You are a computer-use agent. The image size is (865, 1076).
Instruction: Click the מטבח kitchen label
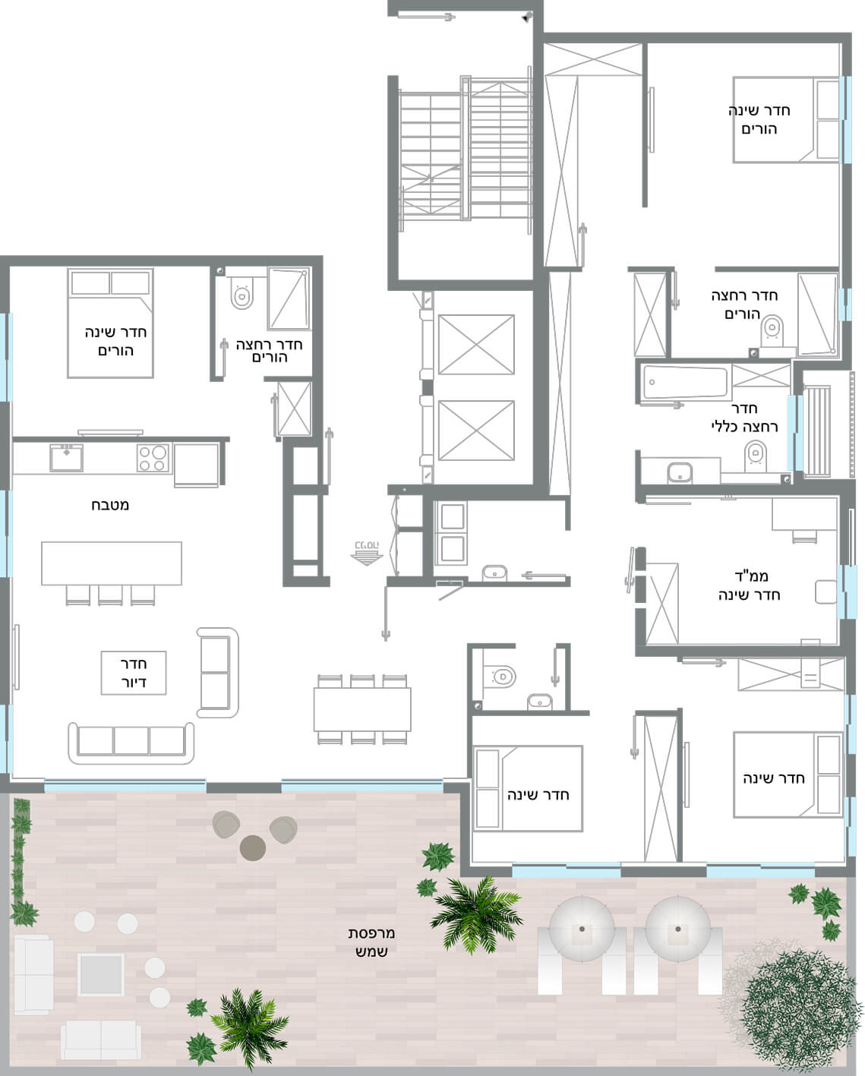[110, 505]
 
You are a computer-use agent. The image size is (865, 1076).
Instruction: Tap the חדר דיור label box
[134, 673]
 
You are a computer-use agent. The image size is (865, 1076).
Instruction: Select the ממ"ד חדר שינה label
[749, 585]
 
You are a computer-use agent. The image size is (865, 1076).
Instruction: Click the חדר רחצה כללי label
[744, 418]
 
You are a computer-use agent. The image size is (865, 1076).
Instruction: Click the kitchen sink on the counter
[67, 457]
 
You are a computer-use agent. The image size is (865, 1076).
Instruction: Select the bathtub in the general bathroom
[684, 383]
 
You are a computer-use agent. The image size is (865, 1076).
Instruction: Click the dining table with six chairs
[362, 709]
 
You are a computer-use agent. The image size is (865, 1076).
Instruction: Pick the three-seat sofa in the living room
[131, 743]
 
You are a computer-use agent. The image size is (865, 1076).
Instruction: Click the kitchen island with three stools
[112, 572]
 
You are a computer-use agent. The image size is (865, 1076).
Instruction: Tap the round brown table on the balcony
[252, 847]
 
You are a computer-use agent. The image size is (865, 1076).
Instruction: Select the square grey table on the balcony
[100, 974]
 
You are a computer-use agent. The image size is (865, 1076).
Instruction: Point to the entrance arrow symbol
[367, 553]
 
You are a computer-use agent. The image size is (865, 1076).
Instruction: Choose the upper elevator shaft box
[476, 344]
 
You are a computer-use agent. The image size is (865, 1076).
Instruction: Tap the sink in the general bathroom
[680, 472]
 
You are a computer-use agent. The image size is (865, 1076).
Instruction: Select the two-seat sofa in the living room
[217, 673]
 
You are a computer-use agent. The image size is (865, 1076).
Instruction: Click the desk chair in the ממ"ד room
[804, 537]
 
